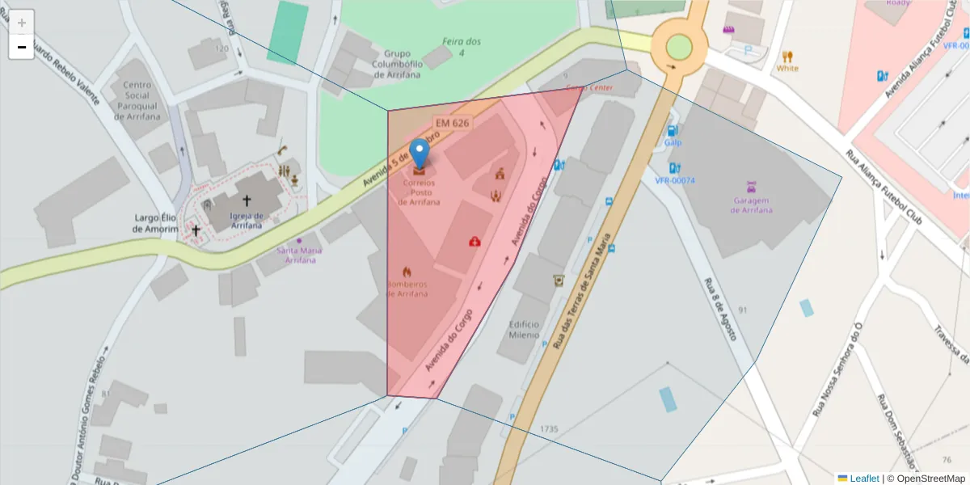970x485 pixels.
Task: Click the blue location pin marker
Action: coord(419,153)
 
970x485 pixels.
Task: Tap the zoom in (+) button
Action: coord(22,23)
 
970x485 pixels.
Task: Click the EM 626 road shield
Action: coord(452,123)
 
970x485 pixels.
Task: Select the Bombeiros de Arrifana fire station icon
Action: coord(407,272)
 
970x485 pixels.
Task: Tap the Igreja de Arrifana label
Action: coord(247,220)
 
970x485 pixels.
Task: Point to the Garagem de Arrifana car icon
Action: coord(752,185)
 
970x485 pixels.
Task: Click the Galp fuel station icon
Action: coord(671,131)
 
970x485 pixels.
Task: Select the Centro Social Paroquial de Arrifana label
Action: coord(142,100)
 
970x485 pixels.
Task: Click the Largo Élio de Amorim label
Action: coord(154,223)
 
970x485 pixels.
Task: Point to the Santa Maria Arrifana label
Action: coord(299,255)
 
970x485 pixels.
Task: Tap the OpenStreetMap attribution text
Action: coord(926,479)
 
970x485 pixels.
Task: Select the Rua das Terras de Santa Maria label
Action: coord(581,298)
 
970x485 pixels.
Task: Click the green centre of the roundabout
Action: coord(679,46)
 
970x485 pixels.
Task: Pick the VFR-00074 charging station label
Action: coord(675,180)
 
